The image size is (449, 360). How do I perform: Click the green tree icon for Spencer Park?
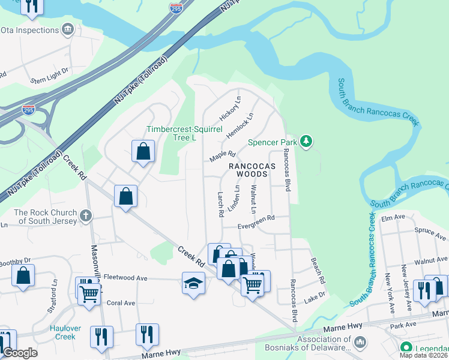point(307,142)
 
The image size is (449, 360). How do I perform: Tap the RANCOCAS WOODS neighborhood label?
point(252,169)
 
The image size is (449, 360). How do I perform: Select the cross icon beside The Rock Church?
point(86,215)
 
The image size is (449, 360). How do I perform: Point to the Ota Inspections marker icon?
point(67,29)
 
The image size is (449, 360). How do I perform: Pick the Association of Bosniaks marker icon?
point(360,342)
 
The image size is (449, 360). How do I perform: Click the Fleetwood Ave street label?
point(125,278)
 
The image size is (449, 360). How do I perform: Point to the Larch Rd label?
point(220,204)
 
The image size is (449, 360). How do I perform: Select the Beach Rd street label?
point(318,271)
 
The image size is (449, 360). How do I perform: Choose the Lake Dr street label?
point(315,295)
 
